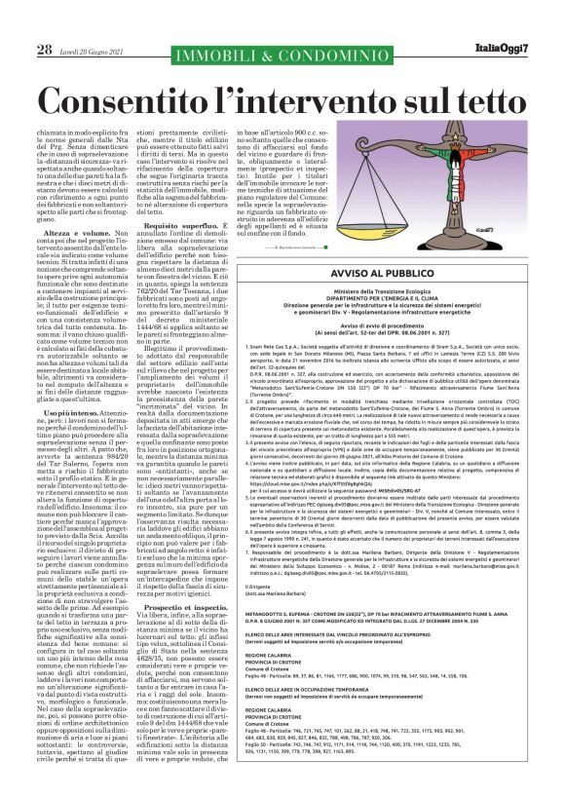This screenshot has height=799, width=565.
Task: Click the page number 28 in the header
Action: click(x=44, y=21)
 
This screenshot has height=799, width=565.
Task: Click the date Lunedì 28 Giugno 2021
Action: click(x=94, y=22)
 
